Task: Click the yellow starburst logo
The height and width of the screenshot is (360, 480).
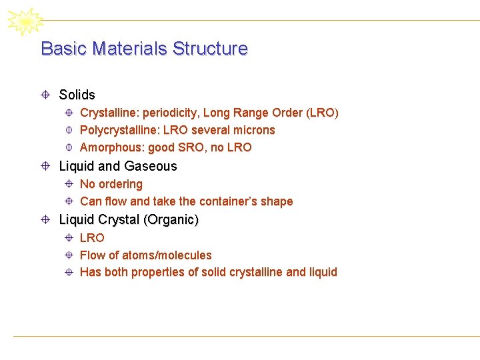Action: [25, 21]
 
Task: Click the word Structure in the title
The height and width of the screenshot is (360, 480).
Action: [210, 49]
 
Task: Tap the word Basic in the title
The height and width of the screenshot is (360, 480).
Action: [65, 49]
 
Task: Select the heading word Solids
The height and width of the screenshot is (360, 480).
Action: [77, 95]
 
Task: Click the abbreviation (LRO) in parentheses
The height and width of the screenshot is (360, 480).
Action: [322, 113]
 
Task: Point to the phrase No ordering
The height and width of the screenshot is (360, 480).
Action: [111, 184]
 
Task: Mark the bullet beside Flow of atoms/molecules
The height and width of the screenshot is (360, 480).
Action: [69, 255]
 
